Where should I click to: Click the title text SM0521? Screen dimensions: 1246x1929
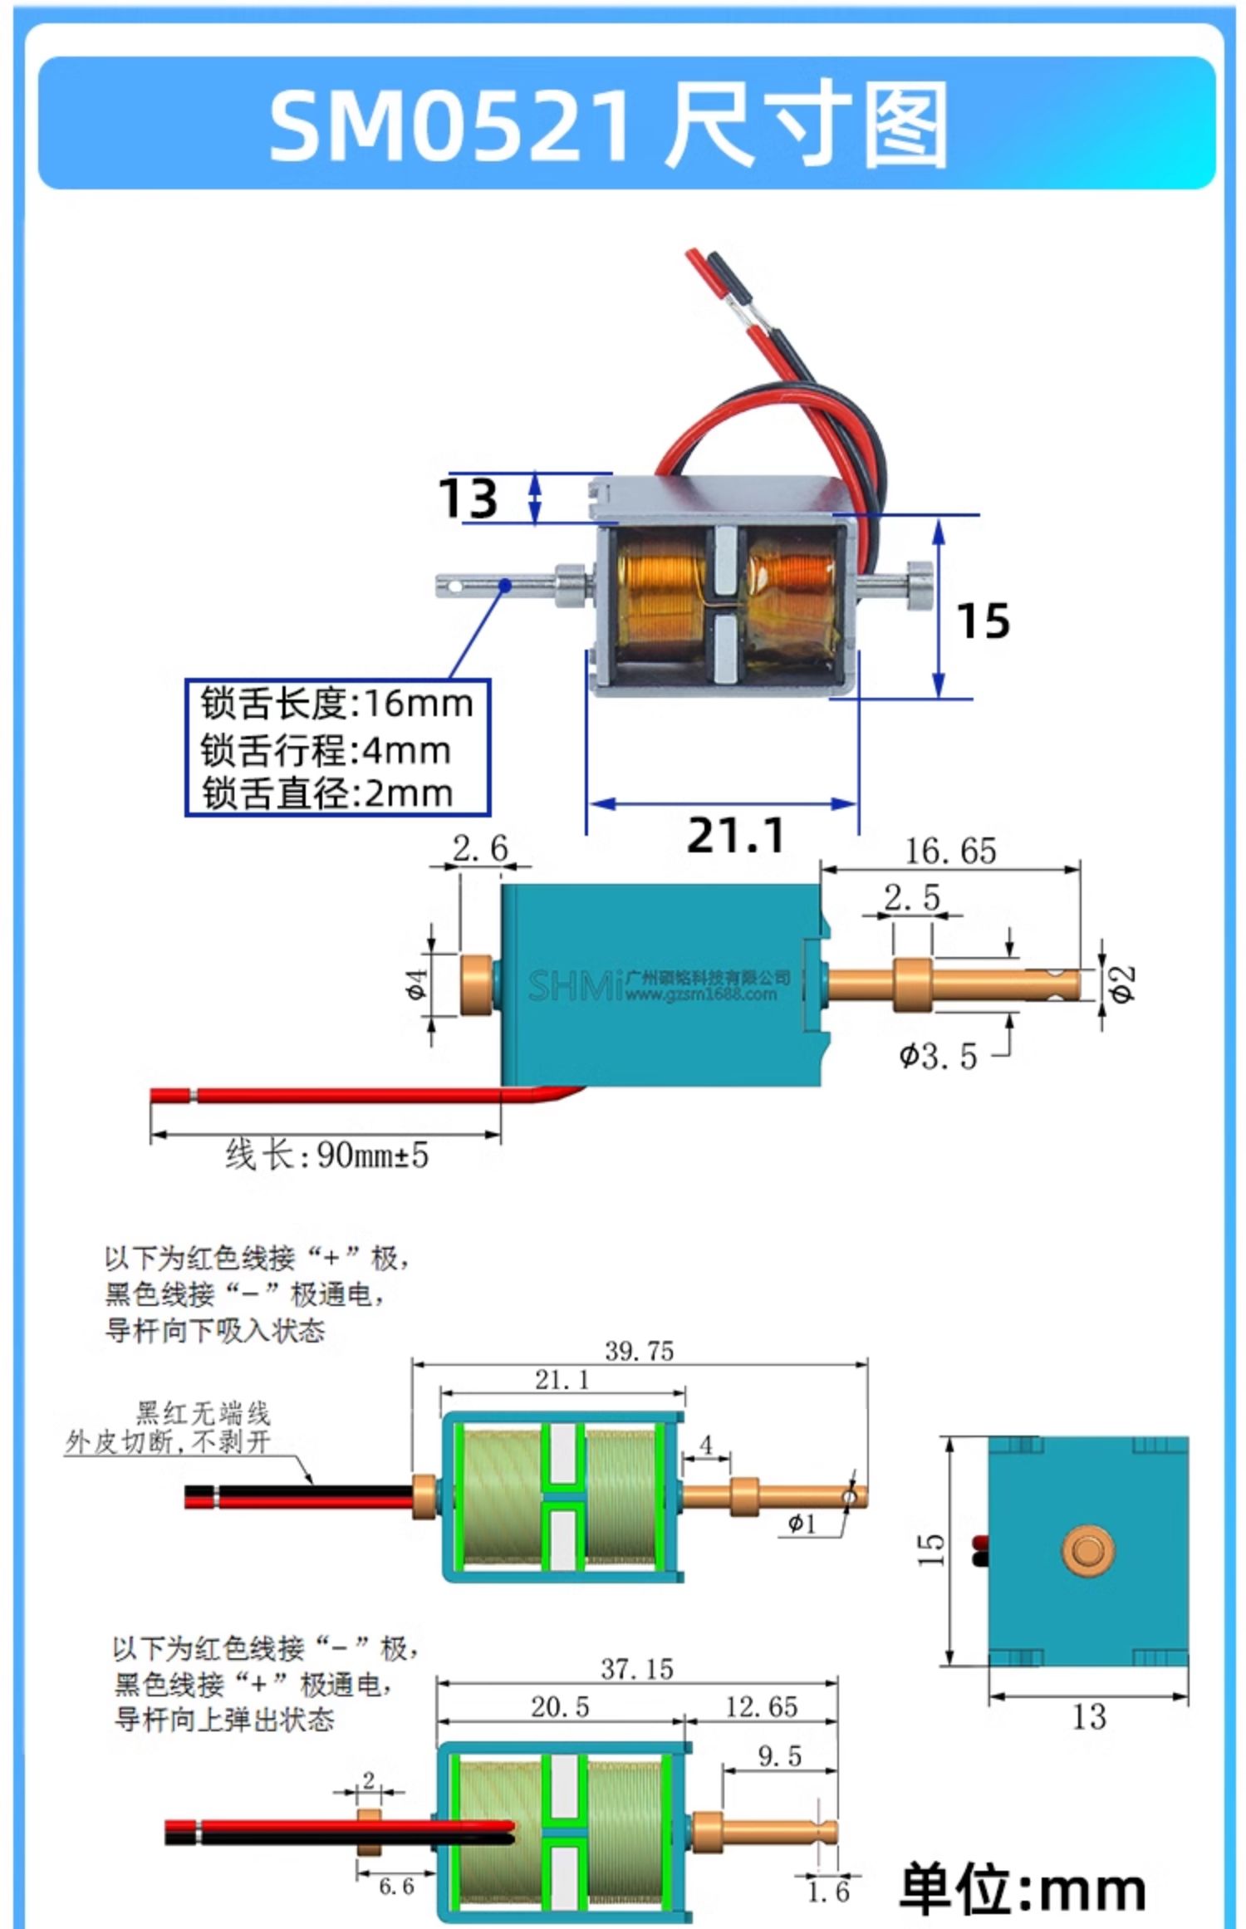(451, 125)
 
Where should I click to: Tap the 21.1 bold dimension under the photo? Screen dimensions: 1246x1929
(736, 835)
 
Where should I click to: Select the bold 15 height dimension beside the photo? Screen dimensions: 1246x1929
(983, 621)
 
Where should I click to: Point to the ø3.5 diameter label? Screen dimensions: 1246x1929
(938, 1056)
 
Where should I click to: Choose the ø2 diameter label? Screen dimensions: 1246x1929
(1121, 984)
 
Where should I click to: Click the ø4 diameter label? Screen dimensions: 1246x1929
(418, 984)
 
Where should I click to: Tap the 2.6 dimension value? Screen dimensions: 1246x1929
(480, 848)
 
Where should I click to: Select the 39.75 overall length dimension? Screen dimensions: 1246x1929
(639, 1351)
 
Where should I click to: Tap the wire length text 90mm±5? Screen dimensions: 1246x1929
(373, 1155)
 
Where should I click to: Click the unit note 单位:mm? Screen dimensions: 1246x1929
(1023, 1888)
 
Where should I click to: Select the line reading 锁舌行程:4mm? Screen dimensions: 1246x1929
(326, 749)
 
